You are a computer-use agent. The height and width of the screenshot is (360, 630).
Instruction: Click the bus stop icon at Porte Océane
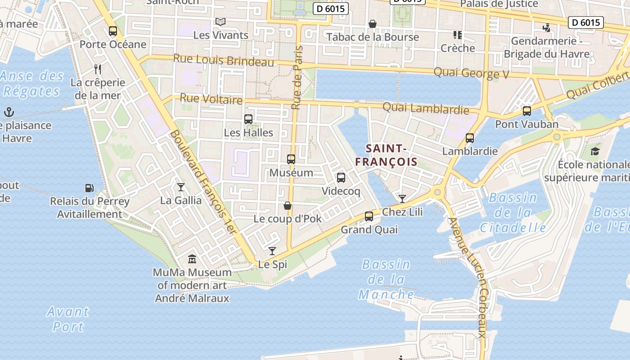(113, 31)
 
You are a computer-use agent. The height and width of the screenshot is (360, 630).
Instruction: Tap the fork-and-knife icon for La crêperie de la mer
(98, 69)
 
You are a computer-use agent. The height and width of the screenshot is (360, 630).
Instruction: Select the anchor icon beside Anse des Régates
(9, 112)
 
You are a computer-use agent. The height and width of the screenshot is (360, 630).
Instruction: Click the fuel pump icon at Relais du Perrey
(90, 188)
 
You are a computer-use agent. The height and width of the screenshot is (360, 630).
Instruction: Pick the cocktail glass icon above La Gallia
(181, 187)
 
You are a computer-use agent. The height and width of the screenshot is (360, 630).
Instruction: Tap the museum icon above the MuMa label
(192, 259)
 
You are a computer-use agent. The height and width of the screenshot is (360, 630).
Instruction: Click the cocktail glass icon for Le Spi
(272, 251)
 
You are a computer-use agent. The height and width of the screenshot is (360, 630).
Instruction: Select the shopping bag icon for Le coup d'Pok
(288, 206)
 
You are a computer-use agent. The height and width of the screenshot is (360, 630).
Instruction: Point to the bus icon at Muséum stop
(291, 159)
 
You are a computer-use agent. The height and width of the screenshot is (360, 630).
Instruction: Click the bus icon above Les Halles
(248, 119)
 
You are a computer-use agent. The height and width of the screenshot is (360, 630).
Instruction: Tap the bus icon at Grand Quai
(369, 216)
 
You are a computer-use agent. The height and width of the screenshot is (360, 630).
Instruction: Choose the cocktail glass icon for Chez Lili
(402, 198)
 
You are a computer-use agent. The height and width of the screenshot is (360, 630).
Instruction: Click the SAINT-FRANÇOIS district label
(386, 155)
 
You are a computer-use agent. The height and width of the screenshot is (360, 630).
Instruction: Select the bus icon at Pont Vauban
(527, 111)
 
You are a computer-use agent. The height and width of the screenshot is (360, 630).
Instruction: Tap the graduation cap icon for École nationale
(595, 151)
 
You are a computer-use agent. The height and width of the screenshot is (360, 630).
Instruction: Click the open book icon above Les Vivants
(220, 22)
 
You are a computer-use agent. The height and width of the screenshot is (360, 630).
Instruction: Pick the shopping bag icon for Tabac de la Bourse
(373, 24)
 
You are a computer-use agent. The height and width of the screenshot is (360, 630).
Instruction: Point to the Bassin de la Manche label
(386, 279)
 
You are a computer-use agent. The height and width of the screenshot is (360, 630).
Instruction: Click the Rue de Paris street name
(297, 77)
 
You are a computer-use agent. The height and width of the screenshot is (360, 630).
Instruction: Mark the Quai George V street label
(471, 73)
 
